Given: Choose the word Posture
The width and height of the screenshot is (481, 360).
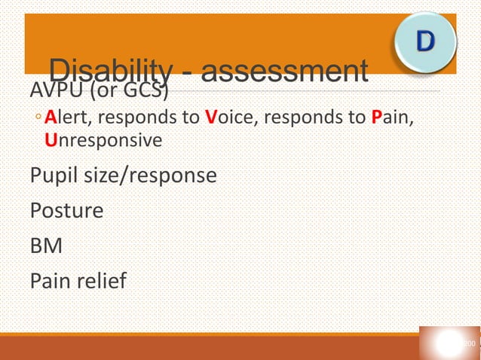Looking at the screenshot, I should click(x=66, y=210).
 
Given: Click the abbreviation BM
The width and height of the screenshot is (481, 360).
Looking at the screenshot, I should click(x=45, y=245).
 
